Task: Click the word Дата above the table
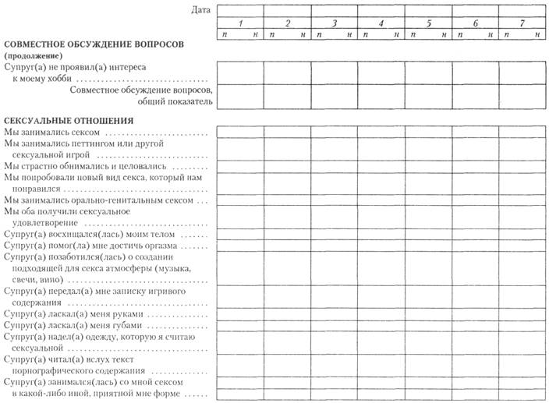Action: click(201, 9)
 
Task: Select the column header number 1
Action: click(240, 23)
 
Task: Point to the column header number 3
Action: click(335, 23)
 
